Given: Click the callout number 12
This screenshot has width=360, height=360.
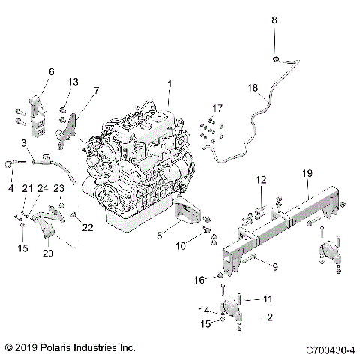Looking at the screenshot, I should click(x=260, y=180).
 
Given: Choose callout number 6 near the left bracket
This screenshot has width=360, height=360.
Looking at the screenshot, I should click(x=52, y=71).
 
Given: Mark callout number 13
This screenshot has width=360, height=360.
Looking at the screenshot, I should click(x=73, y=81).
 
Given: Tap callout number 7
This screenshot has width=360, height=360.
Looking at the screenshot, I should click(x=95, y=90).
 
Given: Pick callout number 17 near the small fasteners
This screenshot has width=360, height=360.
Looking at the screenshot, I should click(x=217, y=108).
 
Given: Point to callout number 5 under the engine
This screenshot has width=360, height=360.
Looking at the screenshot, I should click(x=160, y=234).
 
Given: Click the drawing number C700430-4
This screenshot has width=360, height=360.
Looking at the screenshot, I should click(x=328, y=349).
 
